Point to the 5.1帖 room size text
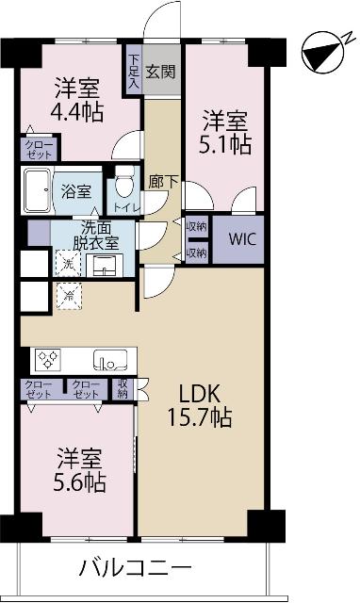227,145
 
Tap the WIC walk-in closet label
240,240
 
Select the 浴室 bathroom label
76,189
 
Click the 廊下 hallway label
158,181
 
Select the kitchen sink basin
109,359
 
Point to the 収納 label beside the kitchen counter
123,388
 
